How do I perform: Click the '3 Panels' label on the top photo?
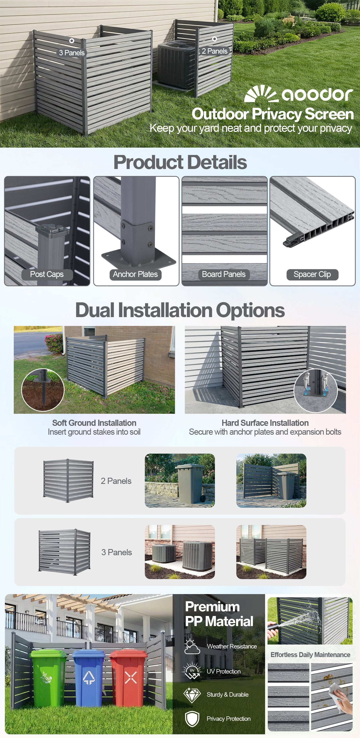(x=72, y=53)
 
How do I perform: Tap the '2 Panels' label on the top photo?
(x=214, y=51)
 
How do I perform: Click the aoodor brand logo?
(x=299, y=93)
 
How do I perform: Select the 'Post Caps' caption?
(x=47, y=274)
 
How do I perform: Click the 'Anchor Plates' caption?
(x=135, y=274)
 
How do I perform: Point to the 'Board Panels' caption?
(x=224, y=274)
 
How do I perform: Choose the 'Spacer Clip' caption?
(x=312, y=274)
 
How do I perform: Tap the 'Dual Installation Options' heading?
(x=180, y=310)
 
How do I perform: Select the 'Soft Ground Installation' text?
(x=94, y=423)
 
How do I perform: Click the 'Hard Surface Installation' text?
(x=265, y=423)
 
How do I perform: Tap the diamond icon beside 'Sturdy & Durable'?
(x=192, y=695)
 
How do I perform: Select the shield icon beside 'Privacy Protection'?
(x=192, y=719)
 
